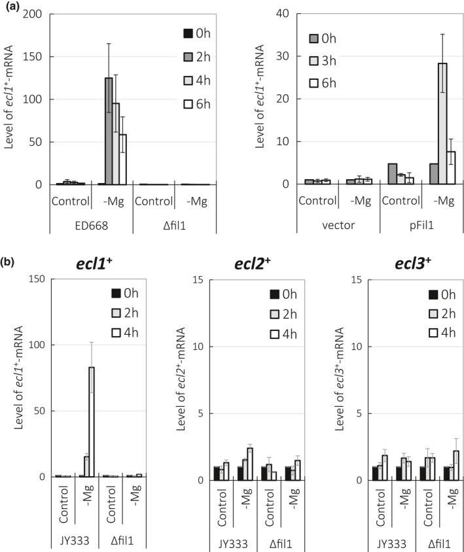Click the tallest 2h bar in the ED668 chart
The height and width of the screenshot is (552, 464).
pos(109,131)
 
